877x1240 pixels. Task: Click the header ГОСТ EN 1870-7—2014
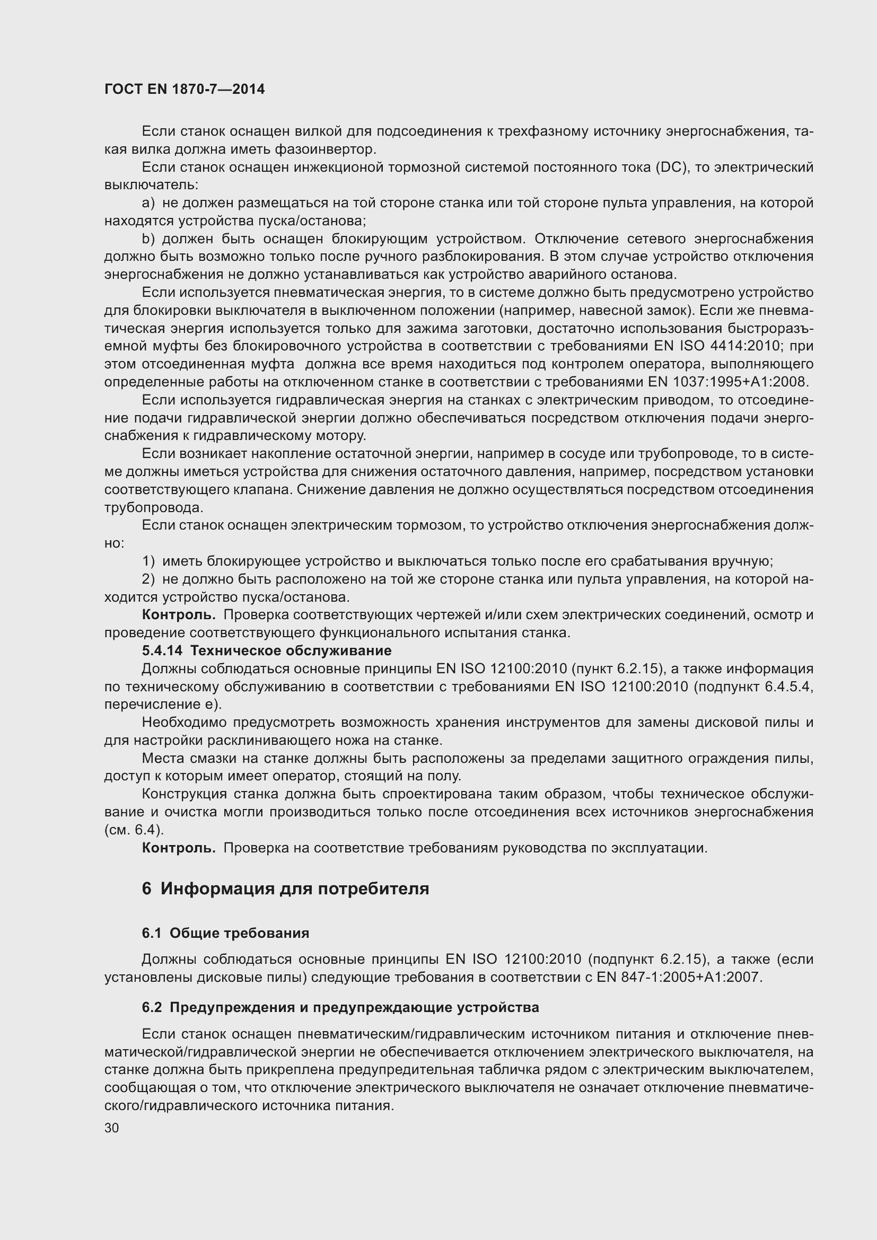(x=184, y=90)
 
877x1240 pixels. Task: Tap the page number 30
(x=112, y=1128)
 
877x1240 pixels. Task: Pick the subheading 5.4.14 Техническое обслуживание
(x=266, y=651)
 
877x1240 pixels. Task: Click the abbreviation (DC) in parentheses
(x=672, y=168)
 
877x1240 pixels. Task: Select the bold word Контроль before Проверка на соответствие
(x=178, y=848)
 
